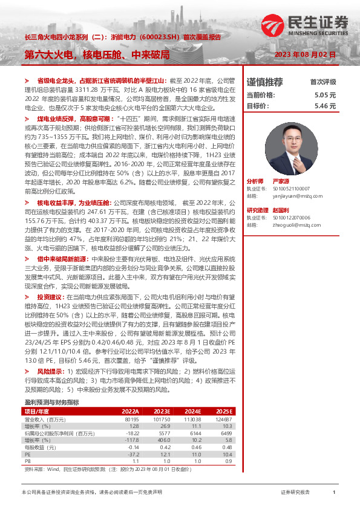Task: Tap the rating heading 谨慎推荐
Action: click(264, 82)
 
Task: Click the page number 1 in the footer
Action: click(334, 493)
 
